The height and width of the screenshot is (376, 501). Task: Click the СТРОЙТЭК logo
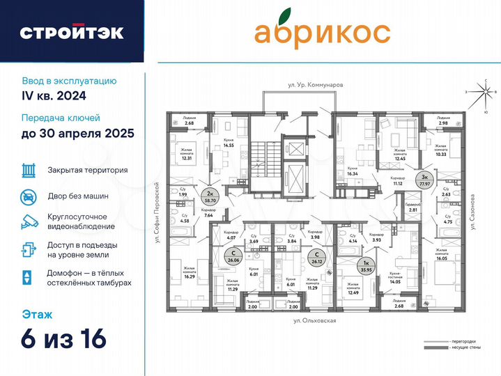[x=72, y=32]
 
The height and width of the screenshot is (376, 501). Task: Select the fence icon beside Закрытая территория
[x=28, y=169]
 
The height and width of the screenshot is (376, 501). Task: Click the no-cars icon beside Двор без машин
[x=28, y=196]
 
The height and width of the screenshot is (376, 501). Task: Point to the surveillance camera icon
[x=28, y=221]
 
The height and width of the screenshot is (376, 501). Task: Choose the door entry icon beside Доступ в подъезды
[x=28, y=249]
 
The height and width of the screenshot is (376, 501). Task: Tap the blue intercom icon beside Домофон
[x=28, y=276]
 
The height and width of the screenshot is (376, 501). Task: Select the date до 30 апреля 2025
[x=77, y=132]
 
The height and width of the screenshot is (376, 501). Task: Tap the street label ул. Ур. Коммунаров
[x=316, y=85]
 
